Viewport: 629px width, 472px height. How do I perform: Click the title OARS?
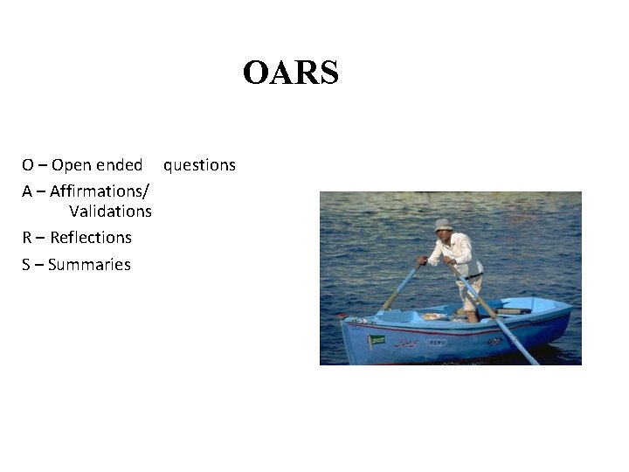[x=290, y=73]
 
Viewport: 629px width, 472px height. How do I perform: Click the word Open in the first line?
[x=73, y=164]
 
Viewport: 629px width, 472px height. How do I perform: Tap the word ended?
[x=120, y=164]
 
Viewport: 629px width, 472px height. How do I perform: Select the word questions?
[x=199, y=164]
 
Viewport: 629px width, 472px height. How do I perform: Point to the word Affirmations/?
[x=100, y=191]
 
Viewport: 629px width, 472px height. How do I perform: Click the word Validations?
[x=110, y=211]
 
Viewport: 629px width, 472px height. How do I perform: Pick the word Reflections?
[x=91, y=237]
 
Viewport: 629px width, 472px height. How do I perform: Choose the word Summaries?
[x=89, y=264]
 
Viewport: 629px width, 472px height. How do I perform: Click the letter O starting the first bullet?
[x=29, y=164]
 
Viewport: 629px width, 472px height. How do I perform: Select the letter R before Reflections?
[x=28, y=237]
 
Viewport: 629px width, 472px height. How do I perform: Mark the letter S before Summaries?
[x=27, y=264]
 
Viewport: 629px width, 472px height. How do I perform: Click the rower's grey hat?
[x=444, y=225]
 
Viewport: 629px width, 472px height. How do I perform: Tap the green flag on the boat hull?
[x=377, y=340]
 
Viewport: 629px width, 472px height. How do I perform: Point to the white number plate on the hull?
[x=435, y=343]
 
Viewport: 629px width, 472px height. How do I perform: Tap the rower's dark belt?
[x=473, y=277]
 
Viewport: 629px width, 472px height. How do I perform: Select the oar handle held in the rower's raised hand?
[x=424, y=260]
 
